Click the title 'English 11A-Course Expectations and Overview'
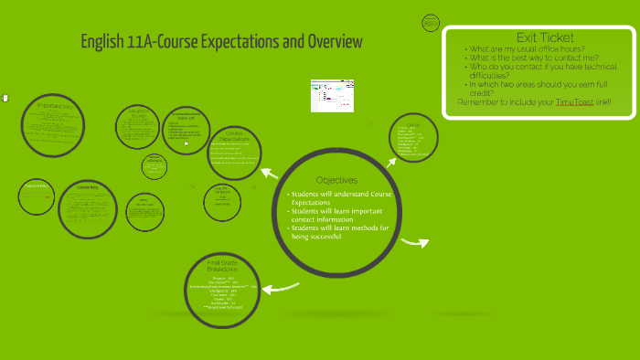(221, 42)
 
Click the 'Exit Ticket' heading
(545, 37)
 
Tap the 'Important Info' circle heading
(54, 107)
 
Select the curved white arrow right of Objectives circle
(415, 242)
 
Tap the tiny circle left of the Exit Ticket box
(430, 22)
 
